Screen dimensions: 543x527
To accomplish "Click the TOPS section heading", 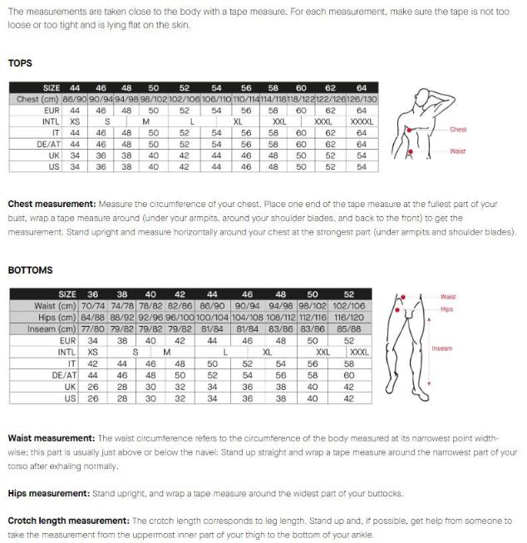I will [20, 62].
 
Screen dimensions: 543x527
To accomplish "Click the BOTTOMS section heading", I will [30, 270].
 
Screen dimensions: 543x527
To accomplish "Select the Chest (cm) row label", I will [37, 99].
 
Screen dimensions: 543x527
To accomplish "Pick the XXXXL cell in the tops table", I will [361, 121].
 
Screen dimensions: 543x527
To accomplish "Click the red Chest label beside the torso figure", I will [458, 130].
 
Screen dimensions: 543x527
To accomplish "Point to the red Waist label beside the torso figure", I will [458, 151].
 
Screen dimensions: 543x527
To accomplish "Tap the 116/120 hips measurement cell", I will [348, 317].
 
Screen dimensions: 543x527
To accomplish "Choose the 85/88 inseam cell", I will [348, 328].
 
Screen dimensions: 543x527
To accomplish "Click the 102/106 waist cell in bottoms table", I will [348, 305].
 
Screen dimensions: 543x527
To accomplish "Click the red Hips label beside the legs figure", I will [447, 309].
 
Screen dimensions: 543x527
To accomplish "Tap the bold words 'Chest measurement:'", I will [52, 204].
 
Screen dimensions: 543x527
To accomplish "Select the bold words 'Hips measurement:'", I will [48, 493].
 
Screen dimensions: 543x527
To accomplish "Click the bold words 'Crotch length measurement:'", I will [68, 521].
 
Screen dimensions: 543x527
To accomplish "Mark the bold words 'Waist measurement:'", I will [51, 437].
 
